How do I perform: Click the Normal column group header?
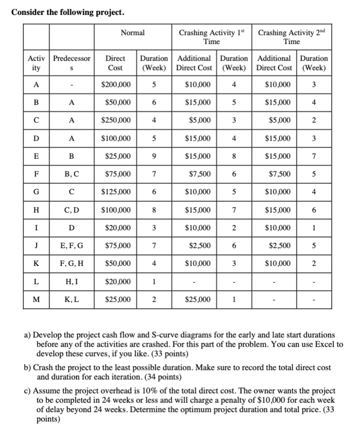point(133,33)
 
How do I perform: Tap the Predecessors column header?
point(72,62)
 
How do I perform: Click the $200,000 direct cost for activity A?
point(115,84)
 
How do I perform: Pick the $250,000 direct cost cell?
point(115,120)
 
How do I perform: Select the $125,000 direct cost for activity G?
point(115,191)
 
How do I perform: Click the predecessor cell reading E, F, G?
point(72,244)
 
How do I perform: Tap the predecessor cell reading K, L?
point(72,299)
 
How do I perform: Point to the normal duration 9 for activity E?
point(154,155)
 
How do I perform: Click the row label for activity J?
point(36,244)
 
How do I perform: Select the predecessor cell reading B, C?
point(72,173)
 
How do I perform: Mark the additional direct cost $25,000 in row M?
point(198,299)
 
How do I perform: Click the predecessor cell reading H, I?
point(72,281)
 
